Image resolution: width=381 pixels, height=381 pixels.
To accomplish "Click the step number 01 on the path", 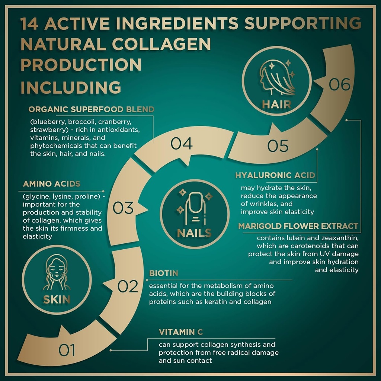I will [x=67, y=350].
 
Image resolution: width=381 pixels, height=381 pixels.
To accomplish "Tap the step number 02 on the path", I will [x=128, y=286].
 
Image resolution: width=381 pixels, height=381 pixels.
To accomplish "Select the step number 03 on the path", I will [x=123, y=208].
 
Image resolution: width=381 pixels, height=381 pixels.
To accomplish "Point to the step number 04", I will [x=182, y=144].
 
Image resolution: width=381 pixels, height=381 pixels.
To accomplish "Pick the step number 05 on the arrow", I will [x=278, y=146].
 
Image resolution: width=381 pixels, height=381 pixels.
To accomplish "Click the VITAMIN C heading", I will [x=181, y=332].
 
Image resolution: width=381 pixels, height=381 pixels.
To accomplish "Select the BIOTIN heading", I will [x=164, y=273].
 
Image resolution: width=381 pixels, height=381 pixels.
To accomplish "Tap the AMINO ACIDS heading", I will [x=52, y=184].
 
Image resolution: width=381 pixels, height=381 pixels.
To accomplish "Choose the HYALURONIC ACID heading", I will [x=275, y=175].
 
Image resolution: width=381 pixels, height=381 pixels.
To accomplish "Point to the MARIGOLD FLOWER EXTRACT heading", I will [x=298, y=226].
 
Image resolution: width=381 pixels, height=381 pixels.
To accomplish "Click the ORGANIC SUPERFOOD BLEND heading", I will [x=91, y=110].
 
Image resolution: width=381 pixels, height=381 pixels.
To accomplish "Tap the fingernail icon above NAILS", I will [x=195, y=208].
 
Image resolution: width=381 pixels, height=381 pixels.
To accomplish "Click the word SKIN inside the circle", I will [x=57, y=299].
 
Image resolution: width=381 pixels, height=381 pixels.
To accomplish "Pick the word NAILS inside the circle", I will [x=194, y=233].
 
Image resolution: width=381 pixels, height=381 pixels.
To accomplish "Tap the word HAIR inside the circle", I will [x=276, y=104].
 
